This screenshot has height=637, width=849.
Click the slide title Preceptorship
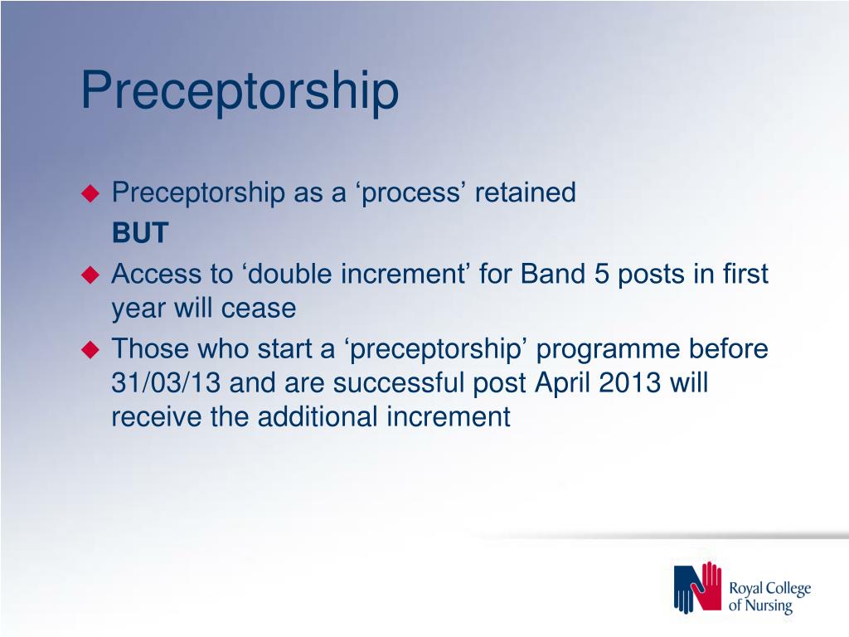pos(240,91)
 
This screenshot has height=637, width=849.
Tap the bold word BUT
pos(140,233)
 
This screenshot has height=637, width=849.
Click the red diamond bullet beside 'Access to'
pos(90,275)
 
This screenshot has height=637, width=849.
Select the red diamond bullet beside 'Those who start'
pos(90,349)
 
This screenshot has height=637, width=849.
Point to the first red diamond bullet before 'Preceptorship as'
pos(90,193)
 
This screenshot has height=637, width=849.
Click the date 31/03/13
pos(166,382)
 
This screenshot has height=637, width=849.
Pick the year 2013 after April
pos(630,382)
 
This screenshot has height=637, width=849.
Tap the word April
pos(563,383)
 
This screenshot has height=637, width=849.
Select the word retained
pos(525,192)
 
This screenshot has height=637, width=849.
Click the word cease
pos(259,309)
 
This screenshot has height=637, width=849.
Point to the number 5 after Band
pos(602,274)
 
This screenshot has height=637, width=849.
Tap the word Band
pos(553,274)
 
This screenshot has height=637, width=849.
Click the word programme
pos(608,350)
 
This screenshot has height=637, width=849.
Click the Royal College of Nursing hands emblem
pos(697,587)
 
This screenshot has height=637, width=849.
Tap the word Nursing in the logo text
pos(769,605)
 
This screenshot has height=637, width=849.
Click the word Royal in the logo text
pos(746,589)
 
